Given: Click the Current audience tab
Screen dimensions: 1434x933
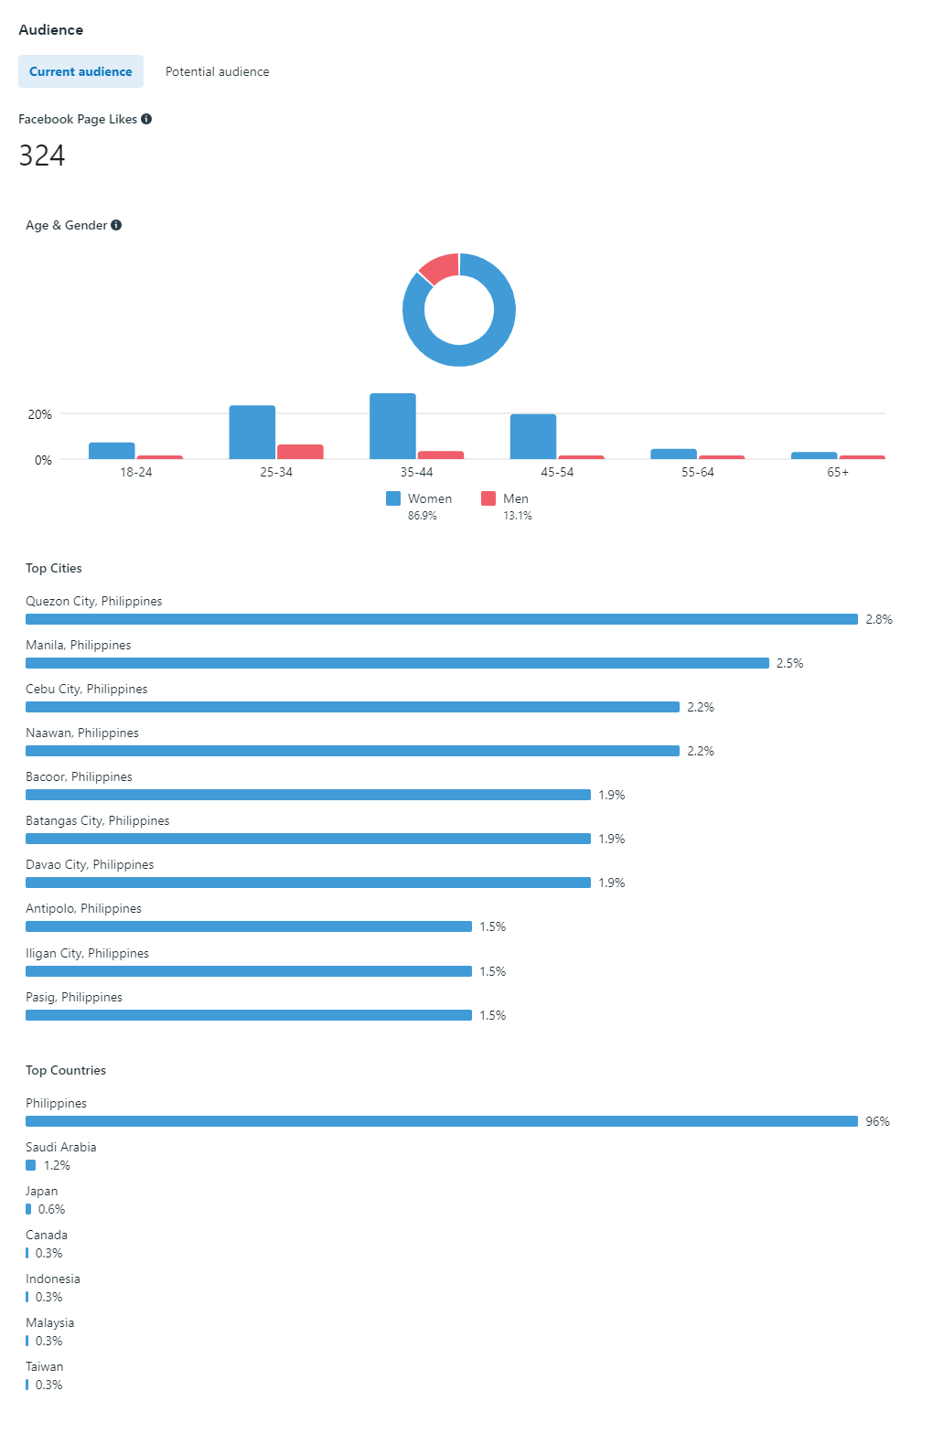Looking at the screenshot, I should [80, 71].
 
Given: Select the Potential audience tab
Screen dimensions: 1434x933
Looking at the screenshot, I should [217, 71].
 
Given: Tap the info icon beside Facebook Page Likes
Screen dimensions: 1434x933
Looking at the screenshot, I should [146, 119].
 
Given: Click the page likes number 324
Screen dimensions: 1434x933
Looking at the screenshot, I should [42, 155].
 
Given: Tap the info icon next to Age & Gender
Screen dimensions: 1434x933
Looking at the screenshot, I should [116, 225].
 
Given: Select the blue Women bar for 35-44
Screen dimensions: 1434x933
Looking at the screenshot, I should [392, 426].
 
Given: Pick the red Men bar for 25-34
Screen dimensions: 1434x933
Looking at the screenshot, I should [300, 452].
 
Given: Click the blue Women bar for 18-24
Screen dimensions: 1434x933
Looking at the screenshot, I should [112, 451].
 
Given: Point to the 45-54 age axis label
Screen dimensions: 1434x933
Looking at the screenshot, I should [557, 472].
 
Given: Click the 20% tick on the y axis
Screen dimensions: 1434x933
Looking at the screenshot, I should [40, 414].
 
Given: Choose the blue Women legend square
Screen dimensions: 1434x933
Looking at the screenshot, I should [393, 498].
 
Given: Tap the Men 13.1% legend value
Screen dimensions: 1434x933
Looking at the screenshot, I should [517, 516].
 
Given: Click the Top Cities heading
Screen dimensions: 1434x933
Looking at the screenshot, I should [54, 568].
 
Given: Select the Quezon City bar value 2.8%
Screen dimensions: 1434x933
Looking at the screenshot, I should [879, 619].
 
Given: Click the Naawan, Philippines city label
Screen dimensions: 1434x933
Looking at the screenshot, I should [82, 733].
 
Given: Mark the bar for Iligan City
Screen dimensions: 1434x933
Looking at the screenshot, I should [249, 971].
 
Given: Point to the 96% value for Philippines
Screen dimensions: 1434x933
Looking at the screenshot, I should [877, 1121].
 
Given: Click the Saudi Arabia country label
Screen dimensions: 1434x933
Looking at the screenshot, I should [61, 1147].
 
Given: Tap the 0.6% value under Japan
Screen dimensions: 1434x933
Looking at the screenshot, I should [52, 1209].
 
